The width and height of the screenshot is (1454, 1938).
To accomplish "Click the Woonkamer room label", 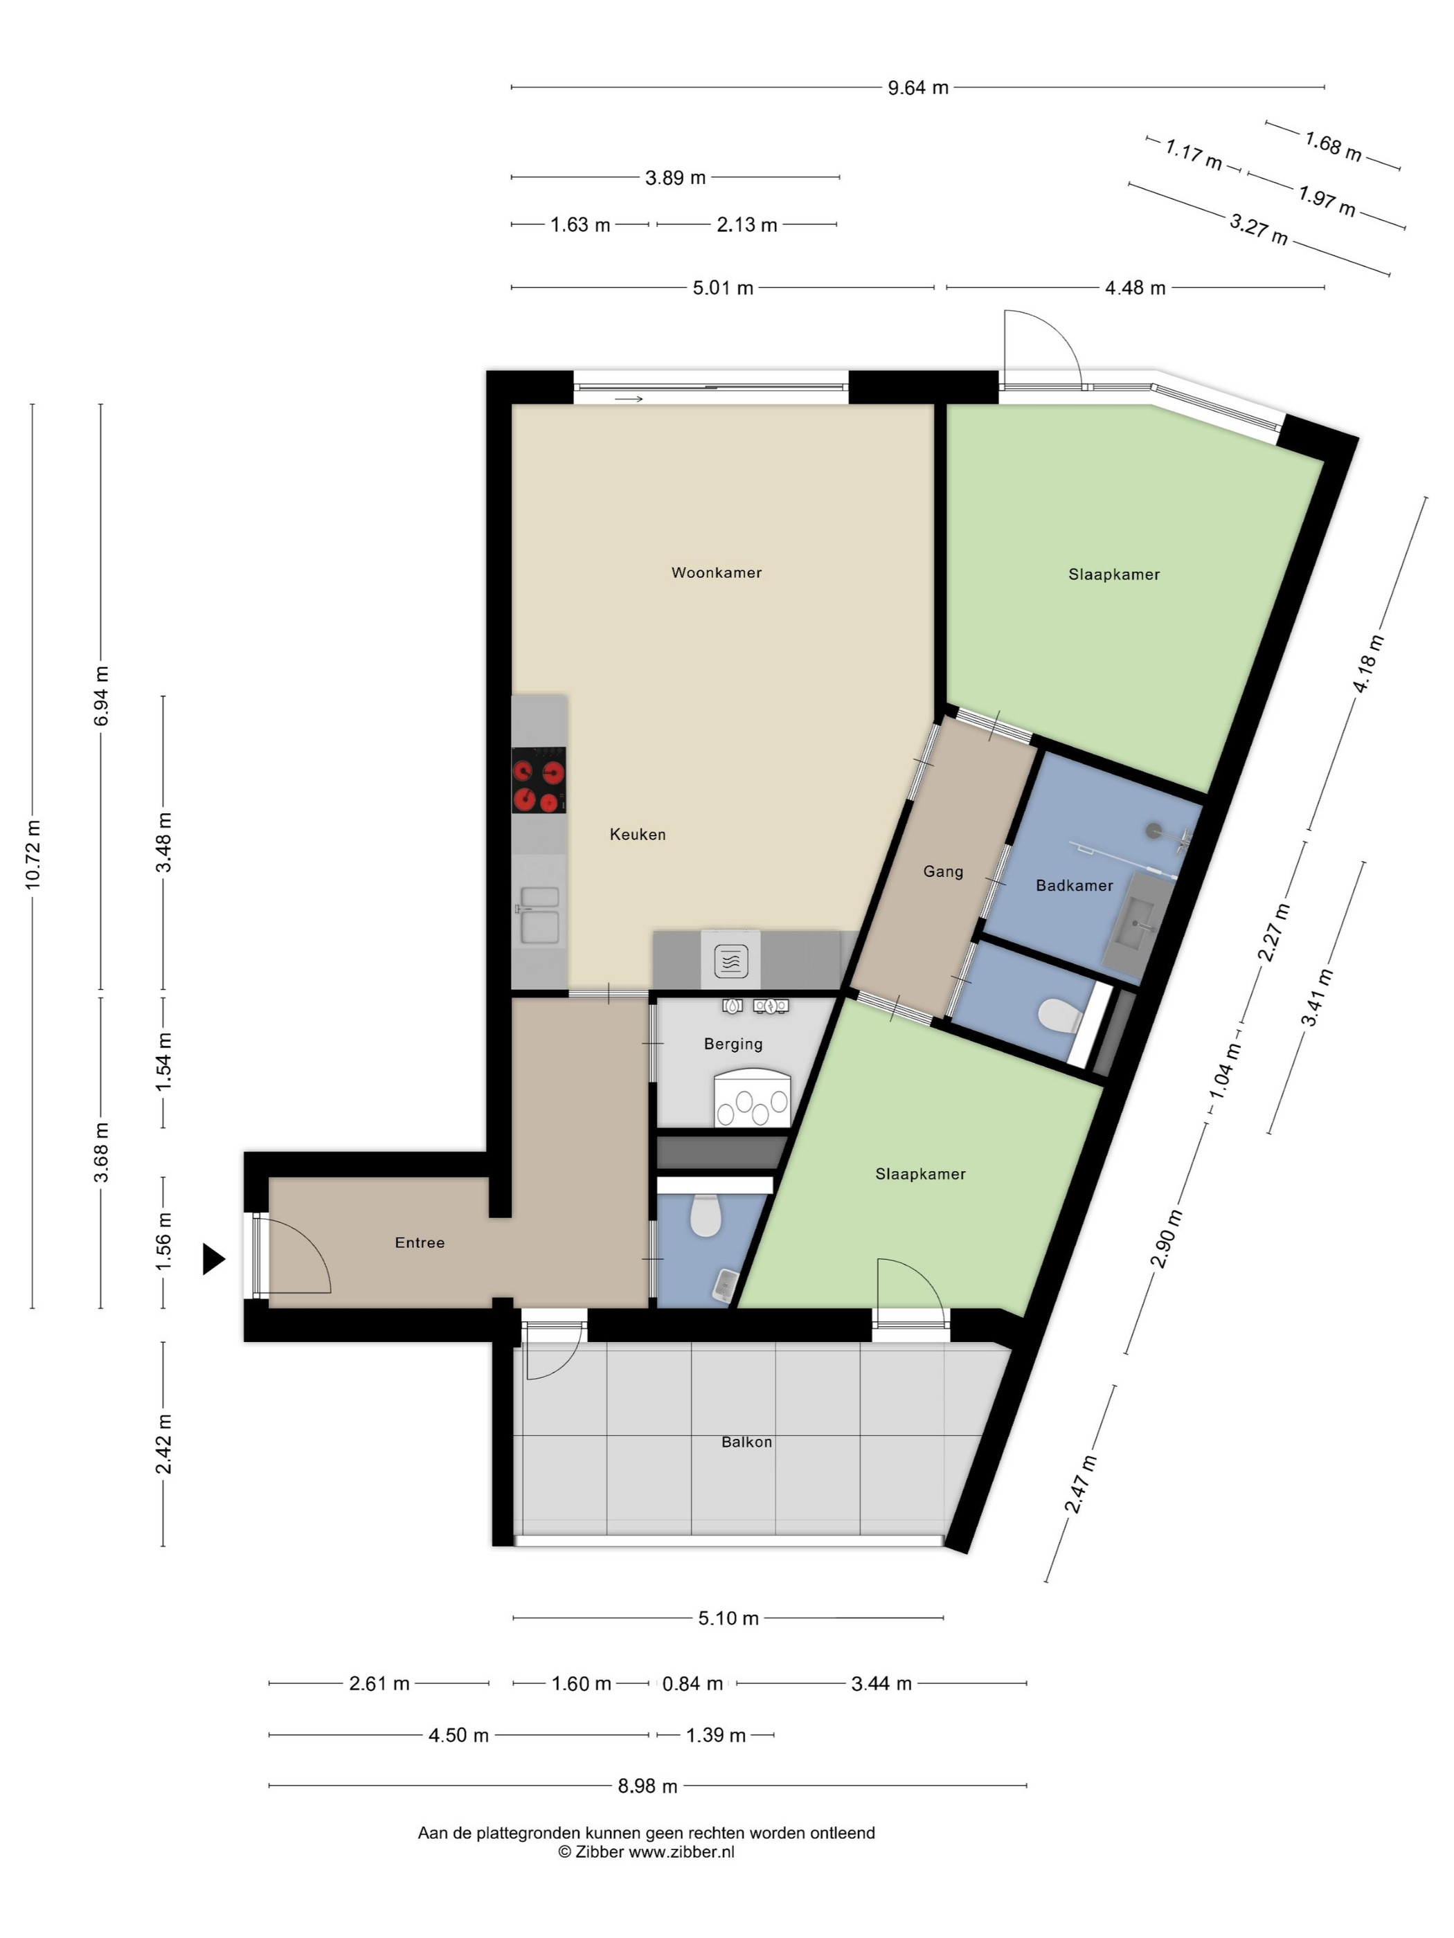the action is tap(716, 573).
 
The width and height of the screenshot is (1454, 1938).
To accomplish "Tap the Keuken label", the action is tap(637, 835).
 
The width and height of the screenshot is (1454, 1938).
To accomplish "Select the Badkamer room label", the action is tap(1074, 886).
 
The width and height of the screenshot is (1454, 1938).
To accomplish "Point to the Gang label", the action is tap(943, 871).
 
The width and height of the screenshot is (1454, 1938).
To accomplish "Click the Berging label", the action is tap(733, 1044).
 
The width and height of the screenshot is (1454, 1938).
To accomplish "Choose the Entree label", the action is tap(420, 1242).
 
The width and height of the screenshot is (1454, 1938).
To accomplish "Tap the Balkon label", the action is tap(746, 1442).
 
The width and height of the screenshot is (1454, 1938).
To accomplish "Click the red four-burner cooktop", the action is tap(538, 780).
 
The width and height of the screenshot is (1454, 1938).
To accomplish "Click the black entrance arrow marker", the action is tap(213, 1259).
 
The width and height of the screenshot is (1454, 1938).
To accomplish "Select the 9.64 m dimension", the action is tap(917, 88).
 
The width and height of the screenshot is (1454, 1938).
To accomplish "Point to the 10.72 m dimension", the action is tap(33, 854).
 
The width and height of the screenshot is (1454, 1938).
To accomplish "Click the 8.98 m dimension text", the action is tap(647, 1786).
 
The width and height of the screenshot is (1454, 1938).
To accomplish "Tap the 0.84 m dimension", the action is tap(692, 1684).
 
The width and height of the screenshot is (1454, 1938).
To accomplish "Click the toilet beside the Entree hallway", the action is tap(705, 1215).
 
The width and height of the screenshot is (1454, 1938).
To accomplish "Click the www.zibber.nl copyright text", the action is tap(647, 1852).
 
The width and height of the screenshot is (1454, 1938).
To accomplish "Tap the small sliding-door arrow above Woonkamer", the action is tap(629, 399).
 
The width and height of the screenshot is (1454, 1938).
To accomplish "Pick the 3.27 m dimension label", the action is tap(1259, 230).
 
